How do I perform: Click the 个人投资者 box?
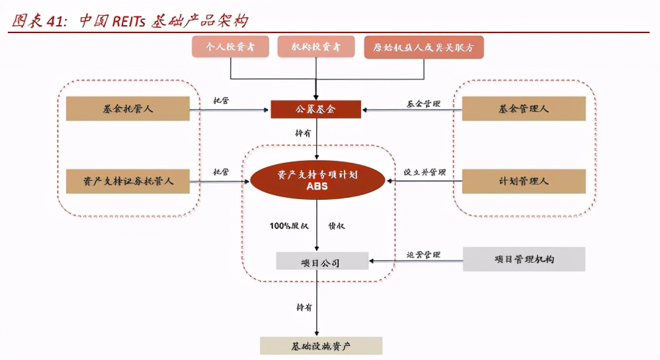[231, 47]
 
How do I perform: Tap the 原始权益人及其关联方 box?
[424, 47]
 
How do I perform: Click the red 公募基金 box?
[316, 109]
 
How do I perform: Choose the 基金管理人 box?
[523, 109]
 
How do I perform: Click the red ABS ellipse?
[317, 181]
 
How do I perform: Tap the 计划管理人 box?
[523, 181]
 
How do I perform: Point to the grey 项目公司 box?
[321, 261]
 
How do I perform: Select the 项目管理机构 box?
[523, 259]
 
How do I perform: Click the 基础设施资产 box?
[321, 345]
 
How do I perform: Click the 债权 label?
[337, 226]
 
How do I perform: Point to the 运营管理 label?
[423, 255]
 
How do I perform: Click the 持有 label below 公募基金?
[303, 132]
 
